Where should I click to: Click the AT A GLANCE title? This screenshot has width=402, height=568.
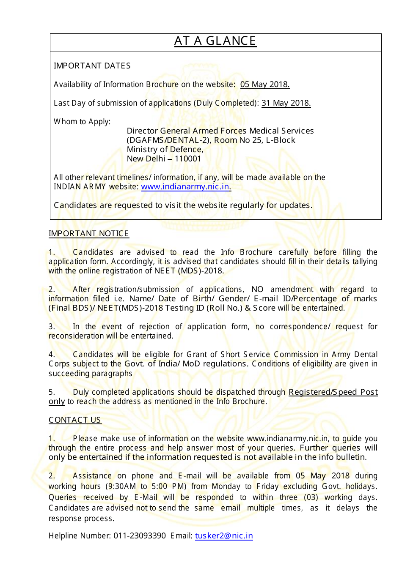coord(215,41)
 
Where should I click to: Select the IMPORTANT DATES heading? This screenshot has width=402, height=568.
coord(92,66)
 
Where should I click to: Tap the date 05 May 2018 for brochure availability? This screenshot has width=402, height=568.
coord(264,85)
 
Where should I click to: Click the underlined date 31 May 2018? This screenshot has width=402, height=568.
coord(286,103)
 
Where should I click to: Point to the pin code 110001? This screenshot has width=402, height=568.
coord(188,159)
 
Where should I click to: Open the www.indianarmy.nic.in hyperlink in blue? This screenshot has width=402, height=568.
coord(186,187)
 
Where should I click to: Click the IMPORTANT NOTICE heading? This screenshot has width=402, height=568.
coord(88,234)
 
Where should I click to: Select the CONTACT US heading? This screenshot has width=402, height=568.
coord(75,420)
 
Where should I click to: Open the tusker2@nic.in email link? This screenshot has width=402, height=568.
coord(224,536)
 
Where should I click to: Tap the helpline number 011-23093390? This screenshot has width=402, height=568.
coord(140,536)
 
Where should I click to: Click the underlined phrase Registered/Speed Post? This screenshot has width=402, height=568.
coord(333,392)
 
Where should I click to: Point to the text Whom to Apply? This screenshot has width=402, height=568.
coord(82,122)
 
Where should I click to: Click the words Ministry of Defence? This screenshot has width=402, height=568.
coord(165,150)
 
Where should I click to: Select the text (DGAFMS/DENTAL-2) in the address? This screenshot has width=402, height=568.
coord(168,140)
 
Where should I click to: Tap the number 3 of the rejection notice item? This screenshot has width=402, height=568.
coord(51,327)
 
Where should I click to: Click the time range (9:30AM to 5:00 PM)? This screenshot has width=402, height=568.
coord(140,486)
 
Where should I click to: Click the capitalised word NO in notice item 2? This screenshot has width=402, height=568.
coord(257,289)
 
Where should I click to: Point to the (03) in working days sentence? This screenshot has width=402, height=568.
coord(311,497)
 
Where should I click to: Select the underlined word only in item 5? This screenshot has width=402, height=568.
coord(57,401)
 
